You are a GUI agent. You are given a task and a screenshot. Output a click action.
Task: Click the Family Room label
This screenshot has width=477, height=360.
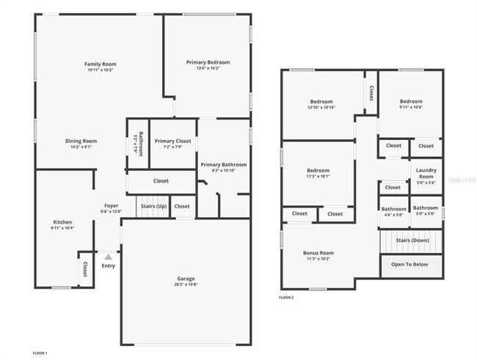click(x=101, y=65)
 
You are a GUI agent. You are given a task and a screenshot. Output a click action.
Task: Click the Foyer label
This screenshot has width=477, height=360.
click(x=111, y=206)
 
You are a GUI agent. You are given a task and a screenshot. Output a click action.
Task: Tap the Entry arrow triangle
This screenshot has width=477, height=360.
click(x=109, y=257)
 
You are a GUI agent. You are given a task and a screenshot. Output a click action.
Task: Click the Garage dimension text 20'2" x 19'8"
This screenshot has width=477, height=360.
click(x=186, y=285)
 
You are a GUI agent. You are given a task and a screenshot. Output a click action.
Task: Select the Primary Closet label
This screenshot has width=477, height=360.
click(x=173, y=141)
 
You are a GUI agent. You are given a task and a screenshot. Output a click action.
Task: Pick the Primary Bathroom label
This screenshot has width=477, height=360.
click(x=224, y=165)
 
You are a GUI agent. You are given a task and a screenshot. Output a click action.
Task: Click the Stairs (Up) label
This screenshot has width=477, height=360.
click(x=153, y=207)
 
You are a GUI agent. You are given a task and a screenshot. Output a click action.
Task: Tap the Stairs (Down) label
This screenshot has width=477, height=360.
click(x=412, y=240)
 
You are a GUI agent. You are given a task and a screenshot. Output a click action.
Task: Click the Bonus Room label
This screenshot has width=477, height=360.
click(x=318, y=253)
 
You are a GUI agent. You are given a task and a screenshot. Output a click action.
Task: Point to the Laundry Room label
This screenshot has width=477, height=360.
click(x=426, y=174)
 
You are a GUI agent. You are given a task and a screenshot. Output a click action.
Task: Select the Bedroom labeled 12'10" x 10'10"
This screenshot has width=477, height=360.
click(x=321, y=102)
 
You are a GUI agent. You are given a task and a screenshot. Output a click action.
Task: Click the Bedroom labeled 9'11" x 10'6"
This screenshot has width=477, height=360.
click(x=411, y=102)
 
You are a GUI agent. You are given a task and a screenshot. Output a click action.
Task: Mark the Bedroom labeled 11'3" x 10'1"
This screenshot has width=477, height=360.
click(x=318, y=171)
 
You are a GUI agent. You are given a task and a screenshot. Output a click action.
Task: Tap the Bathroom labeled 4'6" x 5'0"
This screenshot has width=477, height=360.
click(x=394, y=209)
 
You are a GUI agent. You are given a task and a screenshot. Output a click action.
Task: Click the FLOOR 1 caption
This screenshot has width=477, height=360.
click(x=40, y=353)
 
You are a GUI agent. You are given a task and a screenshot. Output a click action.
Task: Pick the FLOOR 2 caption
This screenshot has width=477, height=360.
click(x=286, y=297)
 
